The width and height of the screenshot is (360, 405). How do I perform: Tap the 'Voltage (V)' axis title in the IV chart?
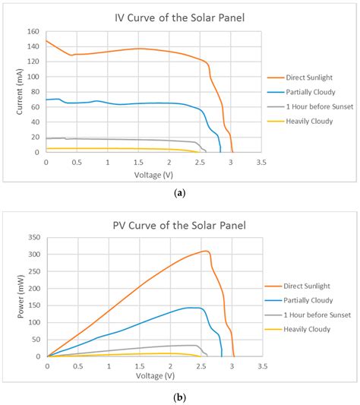click(153, 172)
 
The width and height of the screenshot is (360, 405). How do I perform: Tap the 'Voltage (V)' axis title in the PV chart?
click(155, 375)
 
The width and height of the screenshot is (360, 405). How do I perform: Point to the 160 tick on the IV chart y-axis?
click(33, 32)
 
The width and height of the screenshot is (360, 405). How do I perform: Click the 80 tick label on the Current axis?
click(35, 92)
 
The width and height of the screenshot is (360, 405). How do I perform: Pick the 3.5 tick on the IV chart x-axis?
click(261, 162)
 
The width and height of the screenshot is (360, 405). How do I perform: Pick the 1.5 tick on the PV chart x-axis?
click(140, 365)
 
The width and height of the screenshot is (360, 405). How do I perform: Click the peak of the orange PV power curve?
click(204, 251)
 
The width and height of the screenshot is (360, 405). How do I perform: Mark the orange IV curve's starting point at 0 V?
click(46, 40)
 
